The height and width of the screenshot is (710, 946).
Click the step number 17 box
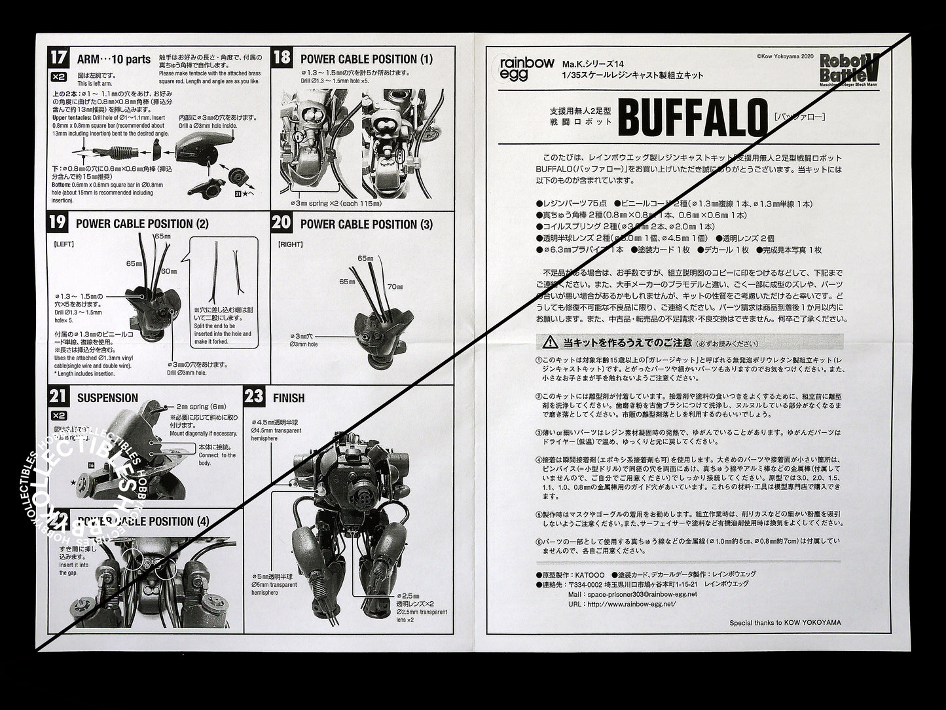pos(58,57)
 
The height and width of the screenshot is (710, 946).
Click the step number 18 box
pos(281,57)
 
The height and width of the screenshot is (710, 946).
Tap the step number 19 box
pos(58,223)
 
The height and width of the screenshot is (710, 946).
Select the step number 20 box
pos(281,223)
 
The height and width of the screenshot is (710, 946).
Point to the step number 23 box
pos(254,397)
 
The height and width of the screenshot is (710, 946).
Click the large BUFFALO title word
pos(692,119)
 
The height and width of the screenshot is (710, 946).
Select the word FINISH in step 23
pos(289,398)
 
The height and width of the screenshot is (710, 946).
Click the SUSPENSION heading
pos(107,398)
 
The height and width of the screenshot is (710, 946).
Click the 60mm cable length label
pos(169,271)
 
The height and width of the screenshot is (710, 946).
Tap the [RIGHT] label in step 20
pos(290,244)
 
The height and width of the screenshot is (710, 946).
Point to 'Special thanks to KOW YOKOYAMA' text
pos(785,623)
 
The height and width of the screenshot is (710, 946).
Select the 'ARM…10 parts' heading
pos(113,59)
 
